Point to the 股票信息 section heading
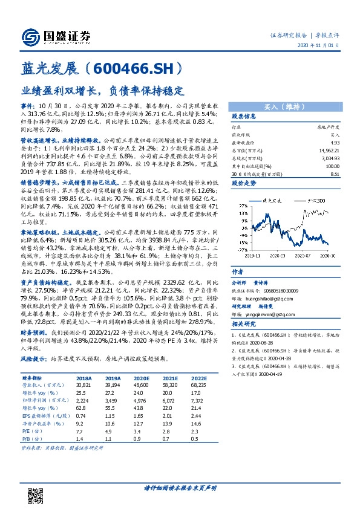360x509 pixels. pyautogui.click(x=244, y=116)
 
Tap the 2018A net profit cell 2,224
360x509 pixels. pyautogui.click(x=83, y=400)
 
